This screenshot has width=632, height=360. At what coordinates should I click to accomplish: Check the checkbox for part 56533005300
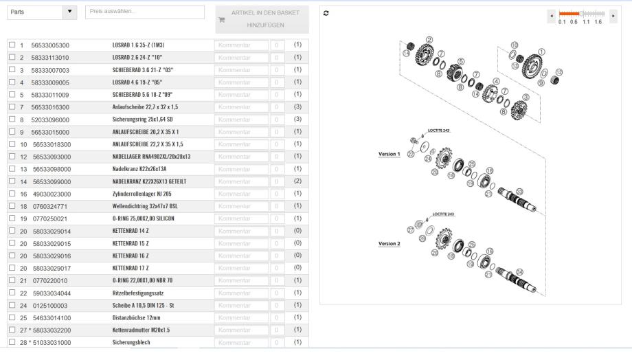[11, 45]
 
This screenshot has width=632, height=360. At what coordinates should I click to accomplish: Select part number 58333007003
[50, 70]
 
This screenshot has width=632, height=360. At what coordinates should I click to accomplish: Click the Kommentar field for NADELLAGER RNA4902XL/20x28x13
[240, 157]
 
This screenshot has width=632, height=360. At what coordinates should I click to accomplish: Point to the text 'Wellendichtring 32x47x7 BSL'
[145, 206]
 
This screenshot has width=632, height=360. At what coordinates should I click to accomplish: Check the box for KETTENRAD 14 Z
[11, 231]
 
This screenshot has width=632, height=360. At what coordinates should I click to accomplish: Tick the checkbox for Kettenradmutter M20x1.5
[11, 330]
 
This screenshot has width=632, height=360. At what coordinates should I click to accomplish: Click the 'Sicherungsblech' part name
[131, 342]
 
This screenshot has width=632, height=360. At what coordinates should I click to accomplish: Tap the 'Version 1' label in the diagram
[389, 154]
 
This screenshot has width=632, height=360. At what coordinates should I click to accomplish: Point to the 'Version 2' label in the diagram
[389, 243]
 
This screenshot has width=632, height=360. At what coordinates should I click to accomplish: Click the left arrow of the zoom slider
[553, 14]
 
